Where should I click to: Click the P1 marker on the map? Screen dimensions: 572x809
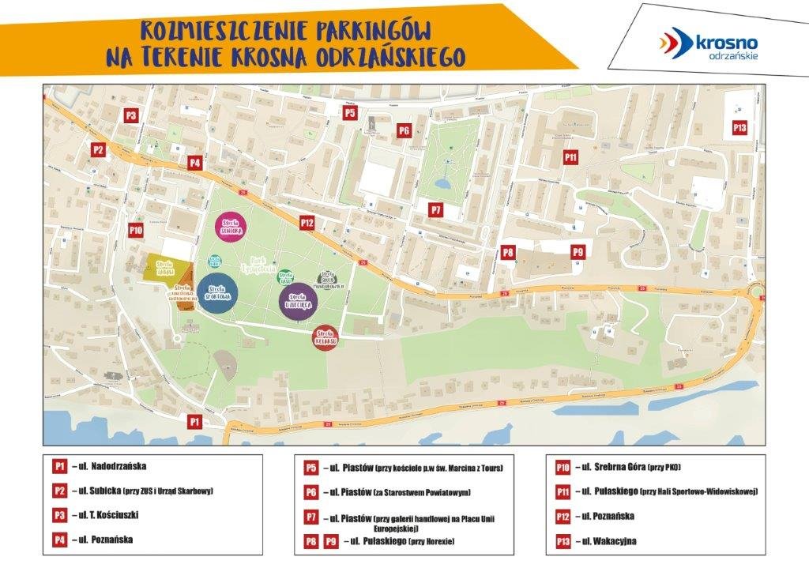click(x=194, y=422)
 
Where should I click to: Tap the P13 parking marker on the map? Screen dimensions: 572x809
click(x=739, y=127)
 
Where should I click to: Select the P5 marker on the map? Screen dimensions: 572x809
click(x=350, y=113)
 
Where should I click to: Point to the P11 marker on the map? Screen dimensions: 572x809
click(x=570, y=157)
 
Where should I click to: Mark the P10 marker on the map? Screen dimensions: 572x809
click(x=135, y=230)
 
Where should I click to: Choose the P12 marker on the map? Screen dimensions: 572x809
click(x=307, y=224)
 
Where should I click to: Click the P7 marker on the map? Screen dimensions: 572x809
click(x=435, y=209)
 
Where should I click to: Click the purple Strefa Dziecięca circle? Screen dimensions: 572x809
click(x=298, y=301)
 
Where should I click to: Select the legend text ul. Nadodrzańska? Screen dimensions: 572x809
click(x=110, y=466)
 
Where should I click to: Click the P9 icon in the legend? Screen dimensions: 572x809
click(x=331, y=542)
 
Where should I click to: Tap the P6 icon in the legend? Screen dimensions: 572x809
click(x=312, y=493)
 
